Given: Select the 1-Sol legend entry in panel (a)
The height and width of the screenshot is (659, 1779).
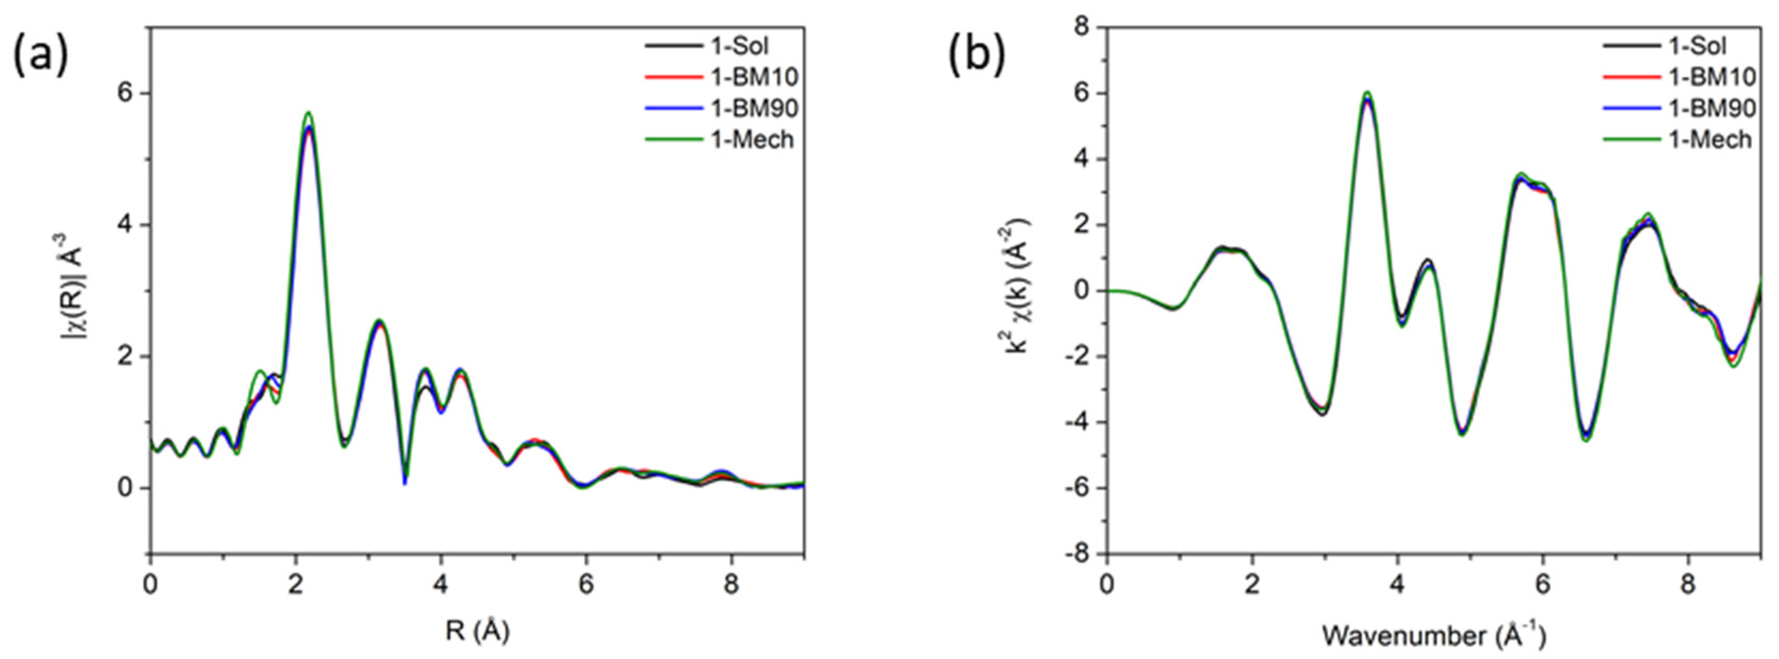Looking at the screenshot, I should point(740,46).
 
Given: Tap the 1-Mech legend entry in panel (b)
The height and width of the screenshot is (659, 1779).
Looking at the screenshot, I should point(1710,140).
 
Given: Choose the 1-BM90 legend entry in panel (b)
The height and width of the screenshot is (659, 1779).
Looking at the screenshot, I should point(1712,109).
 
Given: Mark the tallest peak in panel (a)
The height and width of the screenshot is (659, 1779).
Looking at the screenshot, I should point(309,112).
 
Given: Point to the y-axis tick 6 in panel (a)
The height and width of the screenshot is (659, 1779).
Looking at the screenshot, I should point(126,93).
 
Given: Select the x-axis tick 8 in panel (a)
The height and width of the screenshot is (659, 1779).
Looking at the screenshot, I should point(731,585).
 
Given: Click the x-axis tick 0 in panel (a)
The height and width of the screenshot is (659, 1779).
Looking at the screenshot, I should point(150,585).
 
